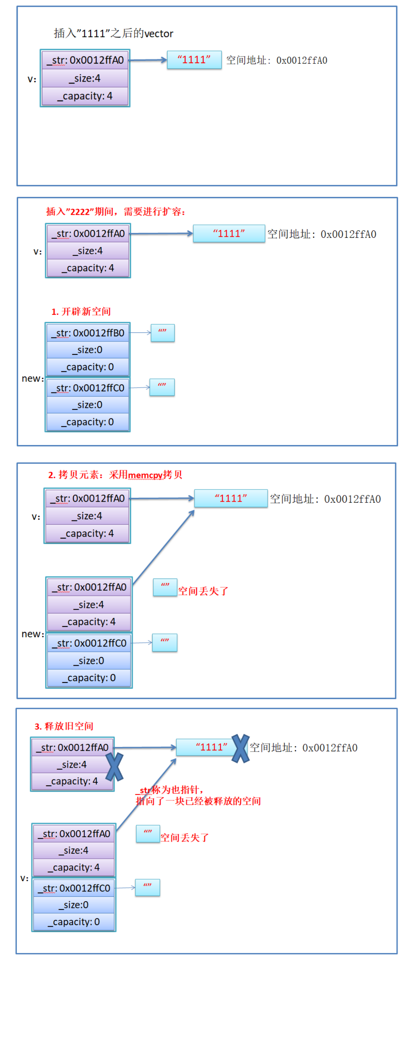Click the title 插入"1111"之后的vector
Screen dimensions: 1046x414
pos(113,33)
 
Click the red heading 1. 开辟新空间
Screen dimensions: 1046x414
pos(81,311)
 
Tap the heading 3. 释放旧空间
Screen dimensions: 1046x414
pos(64,726)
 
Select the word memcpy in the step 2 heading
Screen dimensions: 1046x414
pos(145,475)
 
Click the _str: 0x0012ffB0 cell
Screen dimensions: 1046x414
pos(88,333)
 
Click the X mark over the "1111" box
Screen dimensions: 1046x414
pos(240,748)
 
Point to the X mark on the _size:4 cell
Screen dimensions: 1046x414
pos(115,767)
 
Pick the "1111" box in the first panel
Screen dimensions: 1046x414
pos(194,60)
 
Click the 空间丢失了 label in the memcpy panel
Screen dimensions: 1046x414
pos(203,591)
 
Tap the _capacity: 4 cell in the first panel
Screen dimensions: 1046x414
pos(85,96)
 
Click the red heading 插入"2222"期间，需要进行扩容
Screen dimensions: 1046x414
pos(116,212)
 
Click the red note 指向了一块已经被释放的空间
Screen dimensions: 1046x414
pos(198,801)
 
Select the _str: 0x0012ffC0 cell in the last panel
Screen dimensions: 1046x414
pos(74,888)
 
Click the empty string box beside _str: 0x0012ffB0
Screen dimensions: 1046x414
pos(162,332)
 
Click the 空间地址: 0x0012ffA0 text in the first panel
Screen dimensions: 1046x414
pos(276,60)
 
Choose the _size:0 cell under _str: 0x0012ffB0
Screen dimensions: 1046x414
pos(88,350)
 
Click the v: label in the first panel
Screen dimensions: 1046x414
pos(32,79)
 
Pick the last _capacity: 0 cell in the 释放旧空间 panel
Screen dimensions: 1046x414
pos(74,922)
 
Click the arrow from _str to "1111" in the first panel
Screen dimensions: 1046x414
pos(148,60)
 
